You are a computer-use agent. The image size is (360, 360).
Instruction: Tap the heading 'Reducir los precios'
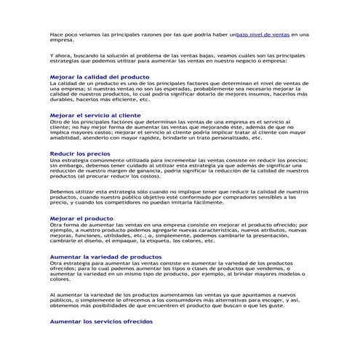coord(80,154)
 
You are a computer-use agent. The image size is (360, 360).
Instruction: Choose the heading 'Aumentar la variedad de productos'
coord(105,257)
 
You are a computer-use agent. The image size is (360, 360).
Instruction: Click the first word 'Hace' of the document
coord(56,34)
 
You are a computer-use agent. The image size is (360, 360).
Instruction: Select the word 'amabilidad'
coord(65,139)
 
